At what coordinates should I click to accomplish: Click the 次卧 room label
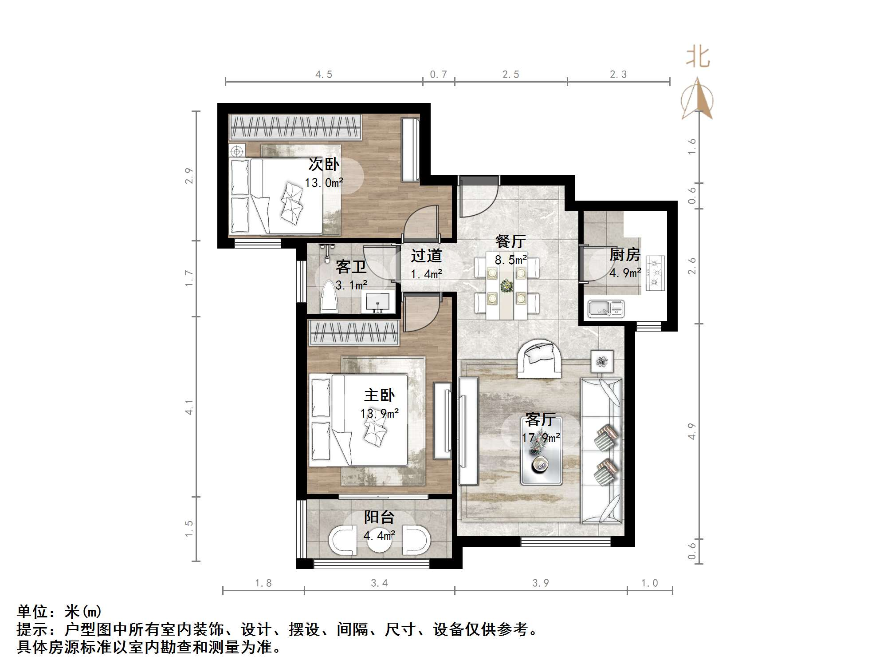click(x=324, y=165)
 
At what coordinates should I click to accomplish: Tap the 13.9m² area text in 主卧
click(x=379, y=414)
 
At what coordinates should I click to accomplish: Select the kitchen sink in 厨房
click(x=606, y=308)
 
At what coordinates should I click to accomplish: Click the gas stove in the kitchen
click(x=655, y=273)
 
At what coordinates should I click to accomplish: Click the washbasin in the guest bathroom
click(x=378, y=302)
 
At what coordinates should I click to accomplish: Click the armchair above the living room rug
click(x=539, y=359)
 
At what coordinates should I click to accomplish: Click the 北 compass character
click(x=698, y=58)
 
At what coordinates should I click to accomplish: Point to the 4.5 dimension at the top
click(x=324, y=75)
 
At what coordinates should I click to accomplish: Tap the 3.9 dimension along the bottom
click(x=541, y=583)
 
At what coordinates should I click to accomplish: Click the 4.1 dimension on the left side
click(x=189, y=407)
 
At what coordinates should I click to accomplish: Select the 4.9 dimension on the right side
click(x=692, y=431)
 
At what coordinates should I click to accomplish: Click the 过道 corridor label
click(x=426, y=256)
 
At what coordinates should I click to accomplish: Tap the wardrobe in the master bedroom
click(x=354, y=333)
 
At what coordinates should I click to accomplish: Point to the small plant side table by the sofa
click(x=602, y=362)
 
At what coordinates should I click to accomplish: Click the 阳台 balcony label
click(x=379, y=517)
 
